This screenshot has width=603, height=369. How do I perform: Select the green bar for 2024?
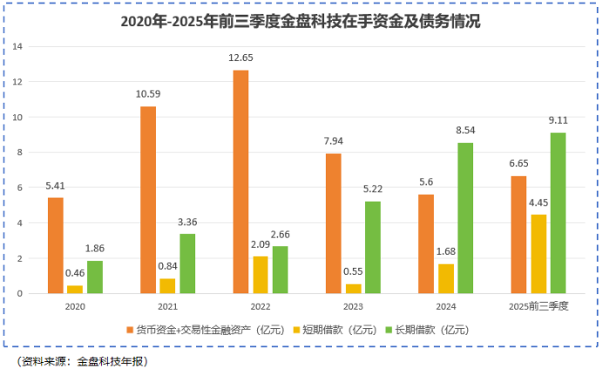click(465, 218)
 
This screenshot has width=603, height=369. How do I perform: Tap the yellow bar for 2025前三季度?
click(539, 254)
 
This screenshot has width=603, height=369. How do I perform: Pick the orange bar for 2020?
click(55, 245)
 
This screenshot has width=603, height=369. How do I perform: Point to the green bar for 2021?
click(187, 264)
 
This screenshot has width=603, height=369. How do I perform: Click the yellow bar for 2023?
click(353, 288)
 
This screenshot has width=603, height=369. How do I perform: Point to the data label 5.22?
click(373, 190)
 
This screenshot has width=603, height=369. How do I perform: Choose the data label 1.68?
click(445, 252)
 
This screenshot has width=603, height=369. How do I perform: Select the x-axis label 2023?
click(353, 306)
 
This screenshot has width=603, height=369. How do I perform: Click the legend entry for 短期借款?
click(333, 330)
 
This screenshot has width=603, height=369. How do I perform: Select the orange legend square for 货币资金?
click(129, 330)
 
